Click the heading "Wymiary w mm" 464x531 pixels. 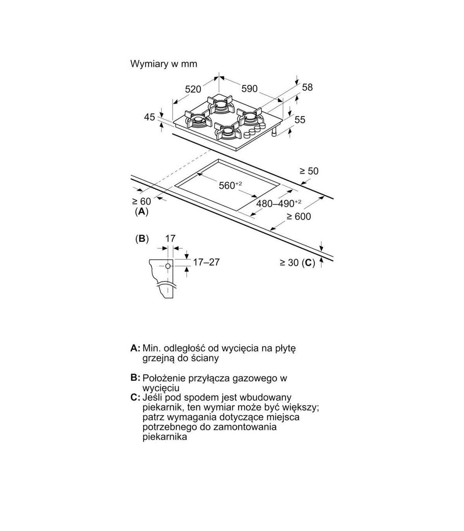pos(164,64)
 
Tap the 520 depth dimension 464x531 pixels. pos(193,89)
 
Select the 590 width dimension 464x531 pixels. pos(249,89)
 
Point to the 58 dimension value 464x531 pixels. pos(307,87)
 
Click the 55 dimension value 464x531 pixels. pos(300,120)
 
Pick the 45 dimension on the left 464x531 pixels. pos(149,117)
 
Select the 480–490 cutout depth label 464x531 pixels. pos(278,203)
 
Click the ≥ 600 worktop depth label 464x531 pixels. pos(299,217)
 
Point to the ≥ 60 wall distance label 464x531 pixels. pos(142,201)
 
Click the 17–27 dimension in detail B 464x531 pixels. pos(206,262)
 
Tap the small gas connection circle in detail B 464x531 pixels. pos(168,266)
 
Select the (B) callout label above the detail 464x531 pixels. pos(142,239)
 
